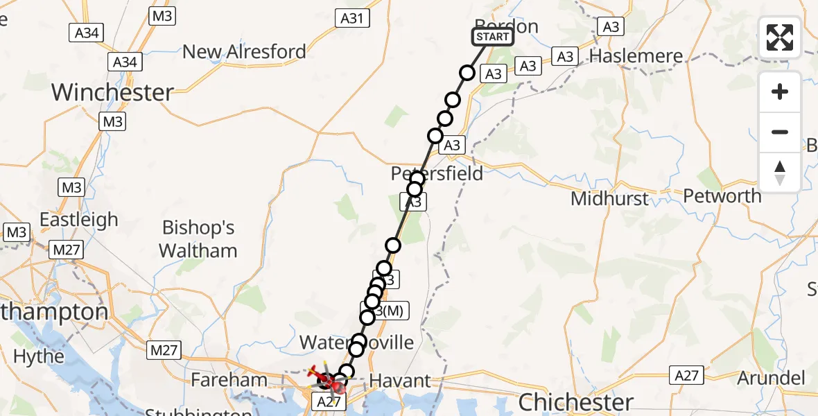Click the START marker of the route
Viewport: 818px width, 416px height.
point(493,37)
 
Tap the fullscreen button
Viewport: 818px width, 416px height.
point(780,37)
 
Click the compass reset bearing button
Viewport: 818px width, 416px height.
point(780,173)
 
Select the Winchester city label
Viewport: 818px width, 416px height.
point(112,93)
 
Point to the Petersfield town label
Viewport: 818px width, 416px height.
point(437,173)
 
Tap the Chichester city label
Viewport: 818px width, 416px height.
point(575,401)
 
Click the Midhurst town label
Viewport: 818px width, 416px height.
point(609,200)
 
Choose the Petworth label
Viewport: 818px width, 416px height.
point(722,196)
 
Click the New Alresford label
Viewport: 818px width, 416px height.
point(244,52)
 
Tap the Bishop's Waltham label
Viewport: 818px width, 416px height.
point(198,239)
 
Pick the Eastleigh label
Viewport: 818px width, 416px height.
point(78,220)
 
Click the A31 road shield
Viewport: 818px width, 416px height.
point(351,19)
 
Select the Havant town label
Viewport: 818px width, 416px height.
point(400,381)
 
